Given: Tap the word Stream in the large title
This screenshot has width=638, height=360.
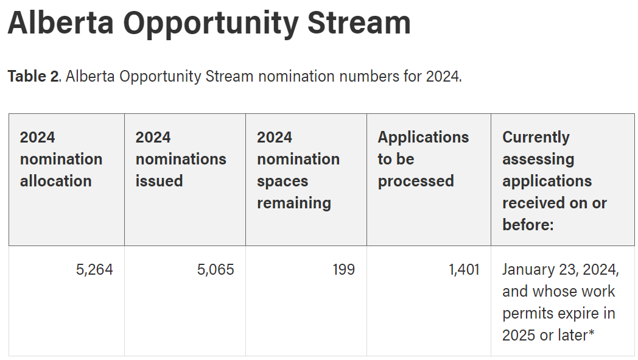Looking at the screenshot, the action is click(359, 23).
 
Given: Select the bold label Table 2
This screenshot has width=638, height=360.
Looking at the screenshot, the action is click(33, 76).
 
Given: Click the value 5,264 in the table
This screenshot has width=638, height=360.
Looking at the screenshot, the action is click(94, 270).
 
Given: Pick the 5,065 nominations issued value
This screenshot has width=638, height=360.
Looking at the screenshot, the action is click(216, 270).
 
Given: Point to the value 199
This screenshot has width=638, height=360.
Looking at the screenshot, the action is click(343, 270).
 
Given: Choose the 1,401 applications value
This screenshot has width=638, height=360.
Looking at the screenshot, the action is click(464, 270).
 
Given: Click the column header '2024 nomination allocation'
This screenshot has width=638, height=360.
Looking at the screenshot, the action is click(61, 159).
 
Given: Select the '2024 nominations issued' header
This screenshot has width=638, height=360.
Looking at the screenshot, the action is click(181, 159).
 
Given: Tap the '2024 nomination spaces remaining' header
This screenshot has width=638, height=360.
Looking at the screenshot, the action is click(298, 170).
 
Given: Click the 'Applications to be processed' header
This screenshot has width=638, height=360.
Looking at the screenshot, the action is click(423, 159).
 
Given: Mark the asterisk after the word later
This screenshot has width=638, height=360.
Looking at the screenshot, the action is click(591, 333).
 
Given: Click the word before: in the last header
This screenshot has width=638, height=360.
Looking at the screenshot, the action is click(528, 225).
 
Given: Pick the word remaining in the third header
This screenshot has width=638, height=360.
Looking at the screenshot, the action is click(294, 203).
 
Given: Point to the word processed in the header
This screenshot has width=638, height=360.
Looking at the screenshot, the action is click(415, 182).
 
